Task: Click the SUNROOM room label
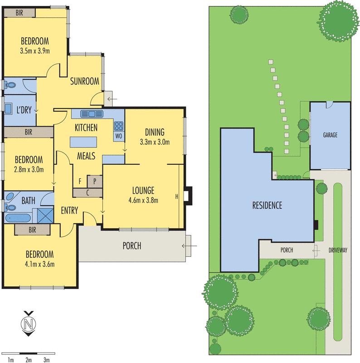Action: pyautogui.click(x=84, y=82)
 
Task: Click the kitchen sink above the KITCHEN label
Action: pyautogui.click(x=92, y=113)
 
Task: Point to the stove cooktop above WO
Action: pyautogui.click(x=119, y=126)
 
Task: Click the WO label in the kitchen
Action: pyautogui.click(x=119, y=136)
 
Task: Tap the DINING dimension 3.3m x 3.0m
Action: pyautogui.click(x=155, y=142)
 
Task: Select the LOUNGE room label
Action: pyautogui.click(x=143, y=190)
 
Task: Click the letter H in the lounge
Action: pyautogui.click(x=177, y=196)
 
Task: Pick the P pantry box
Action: pyautogui.click(x=95, y=181)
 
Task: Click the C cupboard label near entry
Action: pyautogui.click(x=88, y=193)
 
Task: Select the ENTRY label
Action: pyautogui.click(x=70, y=211)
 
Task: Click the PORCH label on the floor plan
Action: pyautogui.click(x=132, y=246)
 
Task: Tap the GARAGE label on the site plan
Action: pyautogui.click(x=330, y=135)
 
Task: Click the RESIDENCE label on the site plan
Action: pyautogui.click(x=267, y=206)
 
